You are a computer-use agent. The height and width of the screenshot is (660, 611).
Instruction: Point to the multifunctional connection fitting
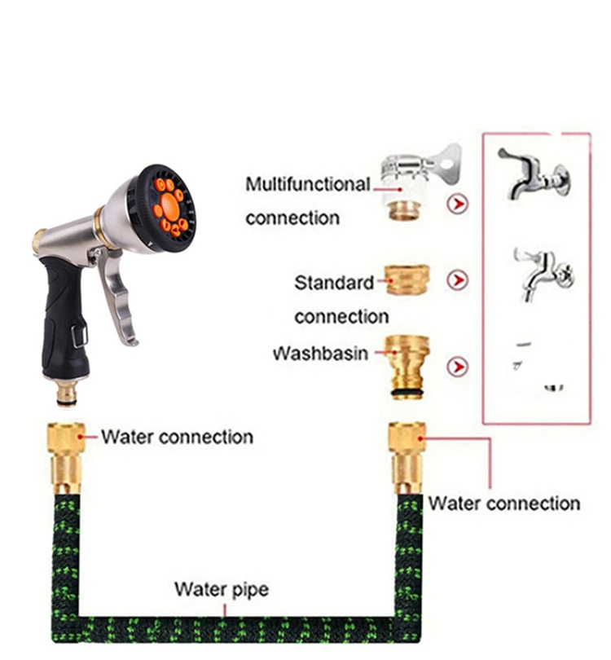point(412,183)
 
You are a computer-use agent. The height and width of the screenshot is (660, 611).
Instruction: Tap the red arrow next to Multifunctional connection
point(459,204)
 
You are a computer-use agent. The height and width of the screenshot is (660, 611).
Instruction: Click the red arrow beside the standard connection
point(459,281)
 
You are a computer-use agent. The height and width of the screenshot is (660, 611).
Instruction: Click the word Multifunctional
point(307,185)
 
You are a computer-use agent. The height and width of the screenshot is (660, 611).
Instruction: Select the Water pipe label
point(222,589)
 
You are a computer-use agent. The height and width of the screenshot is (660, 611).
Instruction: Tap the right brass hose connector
point(407,456)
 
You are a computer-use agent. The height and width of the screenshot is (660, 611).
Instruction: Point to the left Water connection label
point(177,437)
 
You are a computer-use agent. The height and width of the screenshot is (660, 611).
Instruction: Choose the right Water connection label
point(503,504)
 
